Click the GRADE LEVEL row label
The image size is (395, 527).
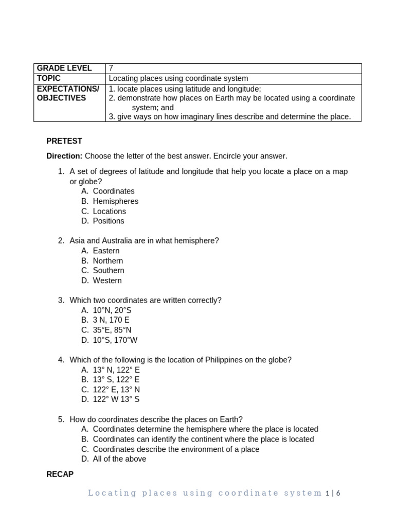tap(64, 68)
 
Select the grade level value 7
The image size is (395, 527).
tap(111, 68)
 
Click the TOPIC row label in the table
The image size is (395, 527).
tap(49, 78)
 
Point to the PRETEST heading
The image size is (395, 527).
tap(64, 141)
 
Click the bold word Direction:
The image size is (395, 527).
tap(64, 156)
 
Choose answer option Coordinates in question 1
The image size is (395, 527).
tap(114, 191)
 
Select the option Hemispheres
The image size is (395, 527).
tap(115, 201)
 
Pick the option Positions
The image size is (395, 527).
tap(109, 221)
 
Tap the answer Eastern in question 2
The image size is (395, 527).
tap(106, 251)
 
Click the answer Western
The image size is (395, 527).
tap(107, 280)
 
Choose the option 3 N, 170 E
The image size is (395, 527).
tap(111, 320)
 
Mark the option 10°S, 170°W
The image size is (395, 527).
tap(115, 340)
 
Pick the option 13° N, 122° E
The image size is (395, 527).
tap(116, 370)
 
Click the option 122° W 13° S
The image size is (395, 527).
tap(116, 399)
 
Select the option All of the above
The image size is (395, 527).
tap(119, 459)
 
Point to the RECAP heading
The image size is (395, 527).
tap(60, 474)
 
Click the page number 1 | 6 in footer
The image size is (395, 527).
tap(333, 493)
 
